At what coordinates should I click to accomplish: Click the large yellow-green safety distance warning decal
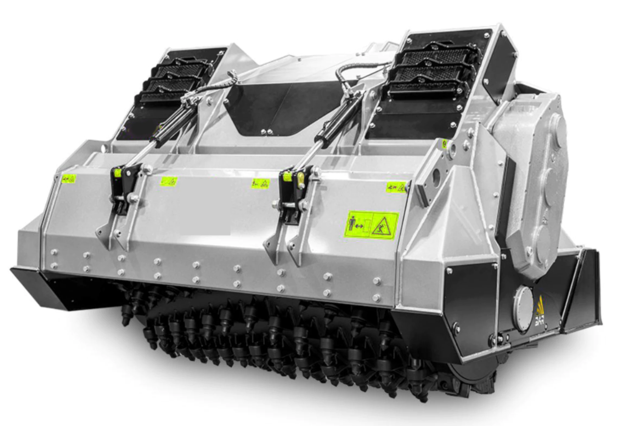tap(371, 225)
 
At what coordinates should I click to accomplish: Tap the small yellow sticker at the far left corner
tap(69, 179)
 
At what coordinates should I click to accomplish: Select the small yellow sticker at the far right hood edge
tap(396, 187)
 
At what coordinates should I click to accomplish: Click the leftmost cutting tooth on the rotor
tap(126, 316)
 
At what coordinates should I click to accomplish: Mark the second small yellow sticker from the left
tap(169, 182)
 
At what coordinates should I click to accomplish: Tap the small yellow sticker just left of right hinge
tap(260, 183)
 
